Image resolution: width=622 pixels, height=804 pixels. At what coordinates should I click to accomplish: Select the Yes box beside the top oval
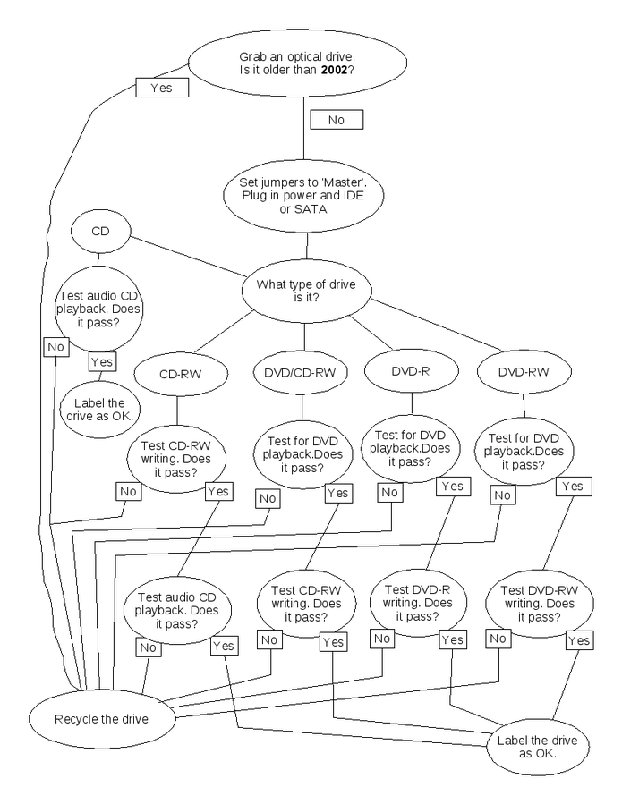click(x=161, y=88)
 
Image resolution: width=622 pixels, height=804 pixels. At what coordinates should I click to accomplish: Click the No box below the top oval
click(x=336, y=120)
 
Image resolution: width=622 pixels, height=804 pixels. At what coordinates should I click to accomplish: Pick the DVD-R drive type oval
click(x=411, y=371)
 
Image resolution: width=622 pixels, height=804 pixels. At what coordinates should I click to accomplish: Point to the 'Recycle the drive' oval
click(x=101, y=718)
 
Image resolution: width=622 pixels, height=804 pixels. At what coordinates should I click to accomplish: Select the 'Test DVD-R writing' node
click(x=417, y=602)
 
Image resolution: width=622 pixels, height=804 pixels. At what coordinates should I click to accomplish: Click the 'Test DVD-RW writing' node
click(x=537, y=603)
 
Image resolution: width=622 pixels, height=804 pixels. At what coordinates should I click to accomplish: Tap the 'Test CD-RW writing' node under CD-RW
click(x=176, y=455)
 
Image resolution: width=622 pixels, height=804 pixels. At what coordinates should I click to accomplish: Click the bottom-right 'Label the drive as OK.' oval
click(x=537, y=748)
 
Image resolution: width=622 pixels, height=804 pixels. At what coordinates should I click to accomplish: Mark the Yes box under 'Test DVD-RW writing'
click(x=579, y=640)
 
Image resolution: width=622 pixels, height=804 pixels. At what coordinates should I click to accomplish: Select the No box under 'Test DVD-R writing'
click(x=382, y=638)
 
